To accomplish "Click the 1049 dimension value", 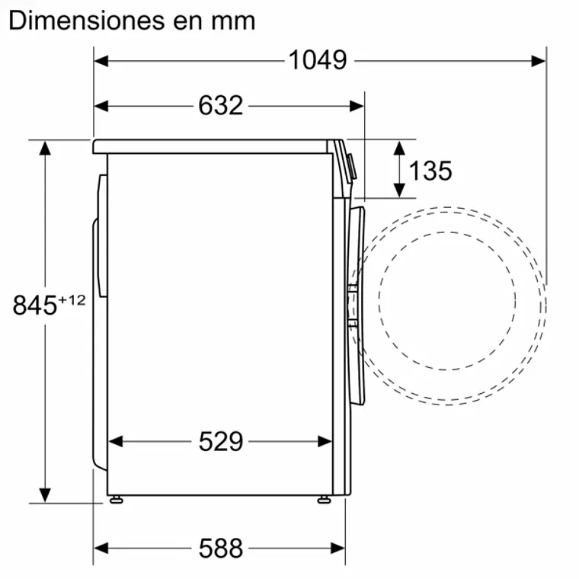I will [x=318, y=59].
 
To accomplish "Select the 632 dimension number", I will [x=220, y=105].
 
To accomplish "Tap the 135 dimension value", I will [x=430, y=171].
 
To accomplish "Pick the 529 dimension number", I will [x=220, y=440].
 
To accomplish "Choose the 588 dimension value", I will [x=220, y=547].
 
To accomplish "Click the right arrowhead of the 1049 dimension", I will [x=539, y=59].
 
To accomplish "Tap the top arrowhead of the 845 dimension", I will [x=46, y=147].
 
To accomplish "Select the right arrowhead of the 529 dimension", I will [x=325, y=440].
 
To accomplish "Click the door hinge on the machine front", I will [x=352, y=305].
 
